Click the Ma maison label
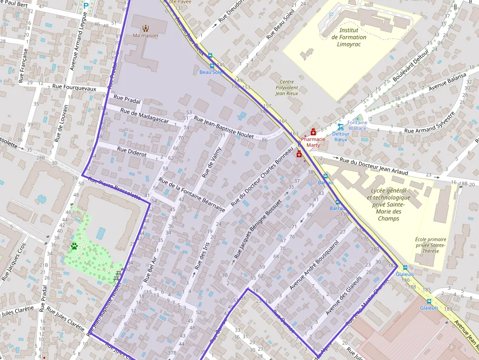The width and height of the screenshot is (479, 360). [x=145, y=36]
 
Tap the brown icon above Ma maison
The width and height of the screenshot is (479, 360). [x=145, y=28]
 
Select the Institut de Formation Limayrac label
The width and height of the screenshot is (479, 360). [x=348, y=37]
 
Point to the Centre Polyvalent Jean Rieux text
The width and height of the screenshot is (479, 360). [x=286, y=87]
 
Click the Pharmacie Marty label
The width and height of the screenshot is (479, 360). [x=313, y=142]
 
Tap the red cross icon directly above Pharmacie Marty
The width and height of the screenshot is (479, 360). [x=313, y=132]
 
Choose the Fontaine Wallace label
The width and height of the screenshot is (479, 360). [x=357, y=125]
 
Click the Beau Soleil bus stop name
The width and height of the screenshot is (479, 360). [x=212, y=72]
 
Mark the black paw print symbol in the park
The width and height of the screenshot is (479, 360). [x=74, y=246]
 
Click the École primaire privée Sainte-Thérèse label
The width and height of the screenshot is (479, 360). [x=430, y=245]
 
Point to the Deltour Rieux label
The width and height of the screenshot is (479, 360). [x=340, y=136]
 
